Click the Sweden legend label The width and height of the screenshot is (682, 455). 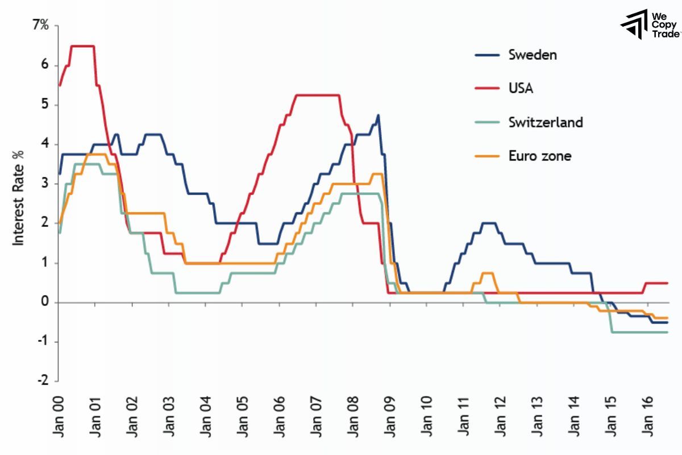[x=532, y=55]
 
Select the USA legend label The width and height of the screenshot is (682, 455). [x=521, y=88]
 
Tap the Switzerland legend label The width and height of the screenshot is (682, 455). [x=546, y=122]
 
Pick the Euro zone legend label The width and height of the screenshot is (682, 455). [x=539, y=155]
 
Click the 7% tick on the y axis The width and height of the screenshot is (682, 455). [x=40, y=26]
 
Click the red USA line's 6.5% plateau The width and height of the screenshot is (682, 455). [x=82, y=45]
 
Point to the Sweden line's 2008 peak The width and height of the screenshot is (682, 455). [x=378, y=115]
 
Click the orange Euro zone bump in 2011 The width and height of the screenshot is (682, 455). [x=487, y=274]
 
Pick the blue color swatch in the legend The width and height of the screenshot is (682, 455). [x=487, y=55]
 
